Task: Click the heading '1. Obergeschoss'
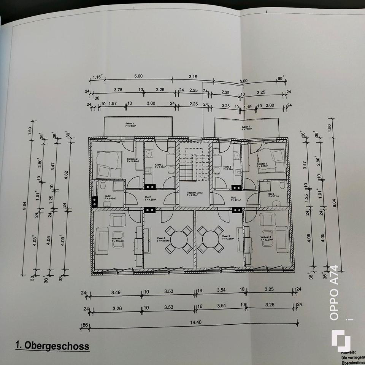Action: tap(52, 346)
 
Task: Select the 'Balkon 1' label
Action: tap(130, 125)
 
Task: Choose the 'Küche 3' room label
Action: tap(228, 168)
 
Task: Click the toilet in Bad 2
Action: tap(102, 185)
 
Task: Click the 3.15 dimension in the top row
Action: tap(193, 76)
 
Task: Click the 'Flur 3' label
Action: tap(234, 198)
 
